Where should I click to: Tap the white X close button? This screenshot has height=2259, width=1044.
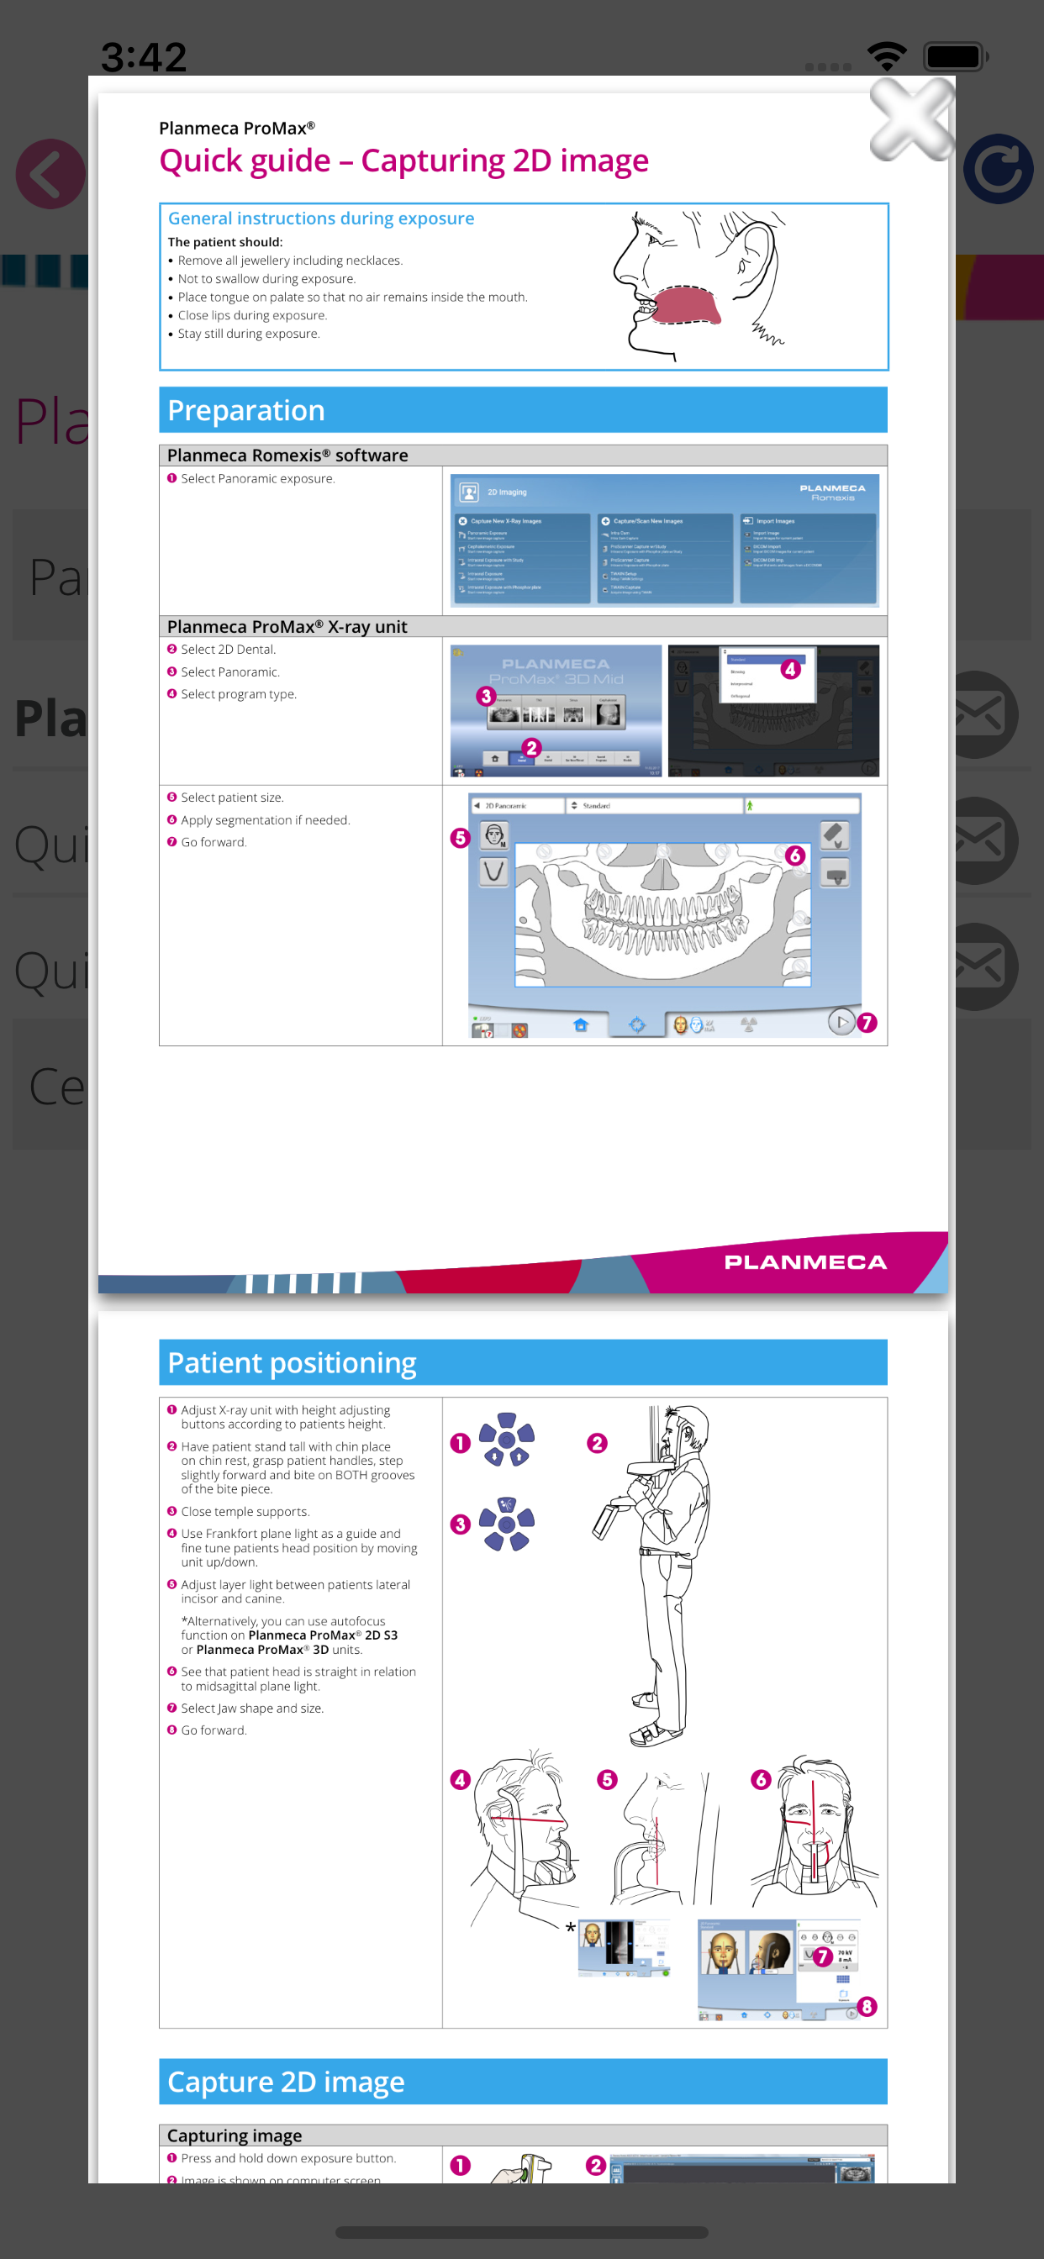point(911,119)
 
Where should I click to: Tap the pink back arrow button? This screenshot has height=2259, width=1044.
point(50,174)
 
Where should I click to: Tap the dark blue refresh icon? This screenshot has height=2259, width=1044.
point(999,170)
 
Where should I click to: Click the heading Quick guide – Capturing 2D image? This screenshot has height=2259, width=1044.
point(403,161)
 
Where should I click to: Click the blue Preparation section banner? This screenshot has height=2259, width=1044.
point(523,409)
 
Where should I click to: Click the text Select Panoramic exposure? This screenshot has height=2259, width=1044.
point(257,479)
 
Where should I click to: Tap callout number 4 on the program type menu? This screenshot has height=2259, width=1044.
point(789,669)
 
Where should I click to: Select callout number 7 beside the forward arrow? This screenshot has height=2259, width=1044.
point(867,1023)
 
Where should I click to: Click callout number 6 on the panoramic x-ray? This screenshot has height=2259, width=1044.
point(795,855)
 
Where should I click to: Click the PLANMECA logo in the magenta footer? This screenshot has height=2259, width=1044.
point(804,1262)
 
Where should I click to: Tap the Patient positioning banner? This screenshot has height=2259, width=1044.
point(523,1362)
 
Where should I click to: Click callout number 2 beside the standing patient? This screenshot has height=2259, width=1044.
point(598,1444)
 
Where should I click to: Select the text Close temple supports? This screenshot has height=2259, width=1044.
point(245,1512)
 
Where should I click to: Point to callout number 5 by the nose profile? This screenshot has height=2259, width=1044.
point(607,1779)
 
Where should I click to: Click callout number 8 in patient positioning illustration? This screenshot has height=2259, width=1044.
point(867,2006)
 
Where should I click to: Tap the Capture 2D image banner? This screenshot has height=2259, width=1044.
point(523,2081)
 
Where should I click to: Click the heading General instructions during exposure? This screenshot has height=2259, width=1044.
point(321,219)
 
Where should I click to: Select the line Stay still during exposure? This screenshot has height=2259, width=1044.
point(248,334)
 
